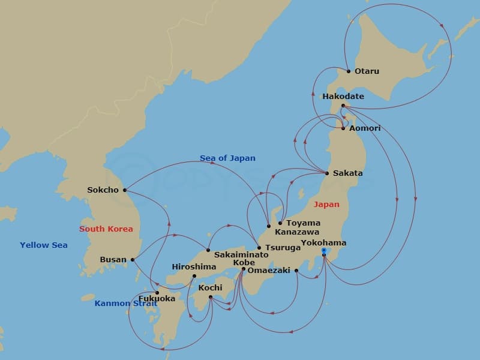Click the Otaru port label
tap(367, 71)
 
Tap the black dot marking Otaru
tap(348, 71)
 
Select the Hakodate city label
tap(343, 96)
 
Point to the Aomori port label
tap(365, 128)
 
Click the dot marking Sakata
tap(327, 173)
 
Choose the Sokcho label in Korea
tap(103, 190)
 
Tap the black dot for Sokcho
tap(125, 190)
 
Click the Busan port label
tap(113, 260)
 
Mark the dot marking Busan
tap(132, 260)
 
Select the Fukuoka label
tap(157, 298)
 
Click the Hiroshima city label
tap(194, 267)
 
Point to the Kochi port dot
tap(211, 297)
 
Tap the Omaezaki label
tap(269, 271)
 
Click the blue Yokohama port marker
tap(324, 250)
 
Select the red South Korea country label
tap(106, 229)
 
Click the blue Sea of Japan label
tap(227, 158)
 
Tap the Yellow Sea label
tap(43, 245)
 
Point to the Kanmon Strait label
tap(125, 304)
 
